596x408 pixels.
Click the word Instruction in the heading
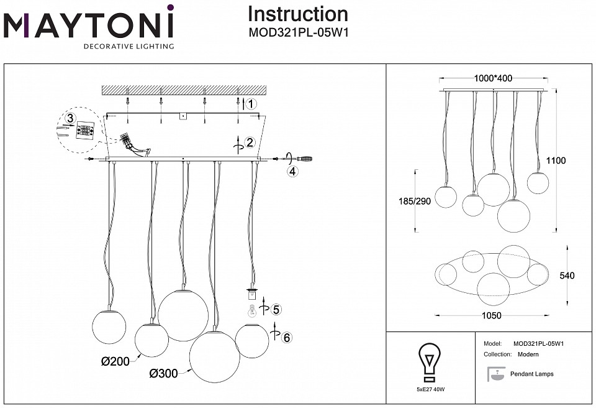[297, 14]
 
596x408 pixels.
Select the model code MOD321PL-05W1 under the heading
[298, 33]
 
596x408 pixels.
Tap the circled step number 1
[250, 104]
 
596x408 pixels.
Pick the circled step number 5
[276, 309]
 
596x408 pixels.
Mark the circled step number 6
[286, 338]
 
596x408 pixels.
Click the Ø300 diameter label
[163, 373]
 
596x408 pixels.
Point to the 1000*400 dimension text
[493, 78]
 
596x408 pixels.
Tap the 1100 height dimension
[556, 160]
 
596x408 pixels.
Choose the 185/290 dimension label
[414, 202]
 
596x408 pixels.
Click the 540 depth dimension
[576, 275]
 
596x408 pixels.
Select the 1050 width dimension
[491, 315]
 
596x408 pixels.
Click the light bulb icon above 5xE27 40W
[429, 361]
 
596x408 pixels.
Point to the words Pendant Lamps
[531, 374]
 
